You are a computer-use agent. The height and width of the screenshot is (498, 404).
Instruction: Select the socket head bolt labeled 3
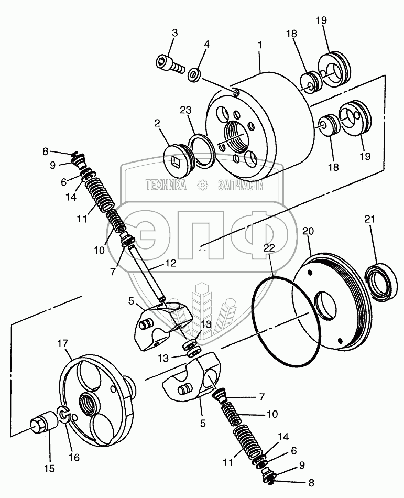pos(169,64)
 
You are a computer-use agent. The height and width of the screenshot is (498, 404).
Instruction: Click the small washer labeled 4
pos(194,73)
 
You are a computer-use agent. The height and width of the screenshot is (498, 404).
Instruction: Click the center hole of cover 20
pos(329,306)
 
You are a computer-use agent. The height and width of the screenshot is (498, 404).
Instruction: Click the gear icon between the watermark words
pos(202,184)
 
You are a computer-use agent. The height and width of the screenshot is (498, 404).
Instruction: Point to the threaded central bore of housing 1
pos(234,138)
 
